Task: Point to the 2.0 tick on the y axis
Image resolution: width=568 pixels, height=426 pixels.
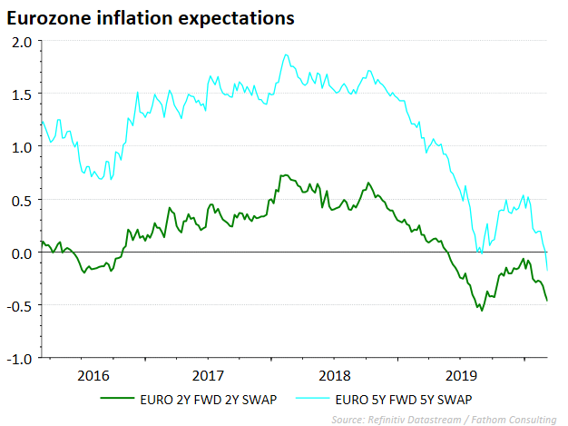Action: tap(22, 42)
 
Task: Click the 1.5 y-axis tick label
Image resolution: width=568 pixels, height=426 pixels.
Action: tap(22, 94)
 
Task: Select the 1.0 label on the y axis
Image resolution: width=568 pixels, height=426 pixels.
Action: tap(22, 147)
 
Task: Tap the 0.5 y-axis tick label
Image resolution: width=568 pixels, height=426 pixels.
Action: tap(22, 200)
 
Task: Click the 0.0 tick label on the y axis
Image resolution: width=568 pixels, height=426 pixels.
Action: tap(22, 253)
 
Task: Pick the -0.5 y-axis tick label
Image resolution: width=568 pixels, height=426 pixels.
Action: tap(20, 305)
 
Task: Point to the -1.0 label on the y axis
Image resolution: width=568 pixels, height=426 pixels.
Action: tap(20, 358)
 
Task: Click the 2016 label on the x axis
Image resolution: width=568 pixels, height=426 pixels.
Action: tap(93, 374)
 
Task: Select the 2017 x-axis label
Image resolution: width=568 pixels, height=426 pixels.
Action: tap(209, 374)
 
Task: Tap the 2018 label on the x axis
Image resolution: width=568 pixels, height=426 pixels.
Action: tap(335, 374)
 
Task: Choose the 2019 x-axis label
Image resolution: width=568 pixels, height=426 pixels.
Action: tap(461, 374)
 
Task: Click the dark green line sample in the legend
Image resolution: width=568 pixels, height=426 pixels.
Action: tap(118, 399)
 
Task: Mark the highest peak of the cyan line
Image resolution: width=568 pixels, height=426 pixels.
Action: tap(286, 54)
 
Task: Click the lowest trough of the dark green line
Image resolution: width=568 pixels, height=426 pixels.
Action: tap(481, 311)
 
